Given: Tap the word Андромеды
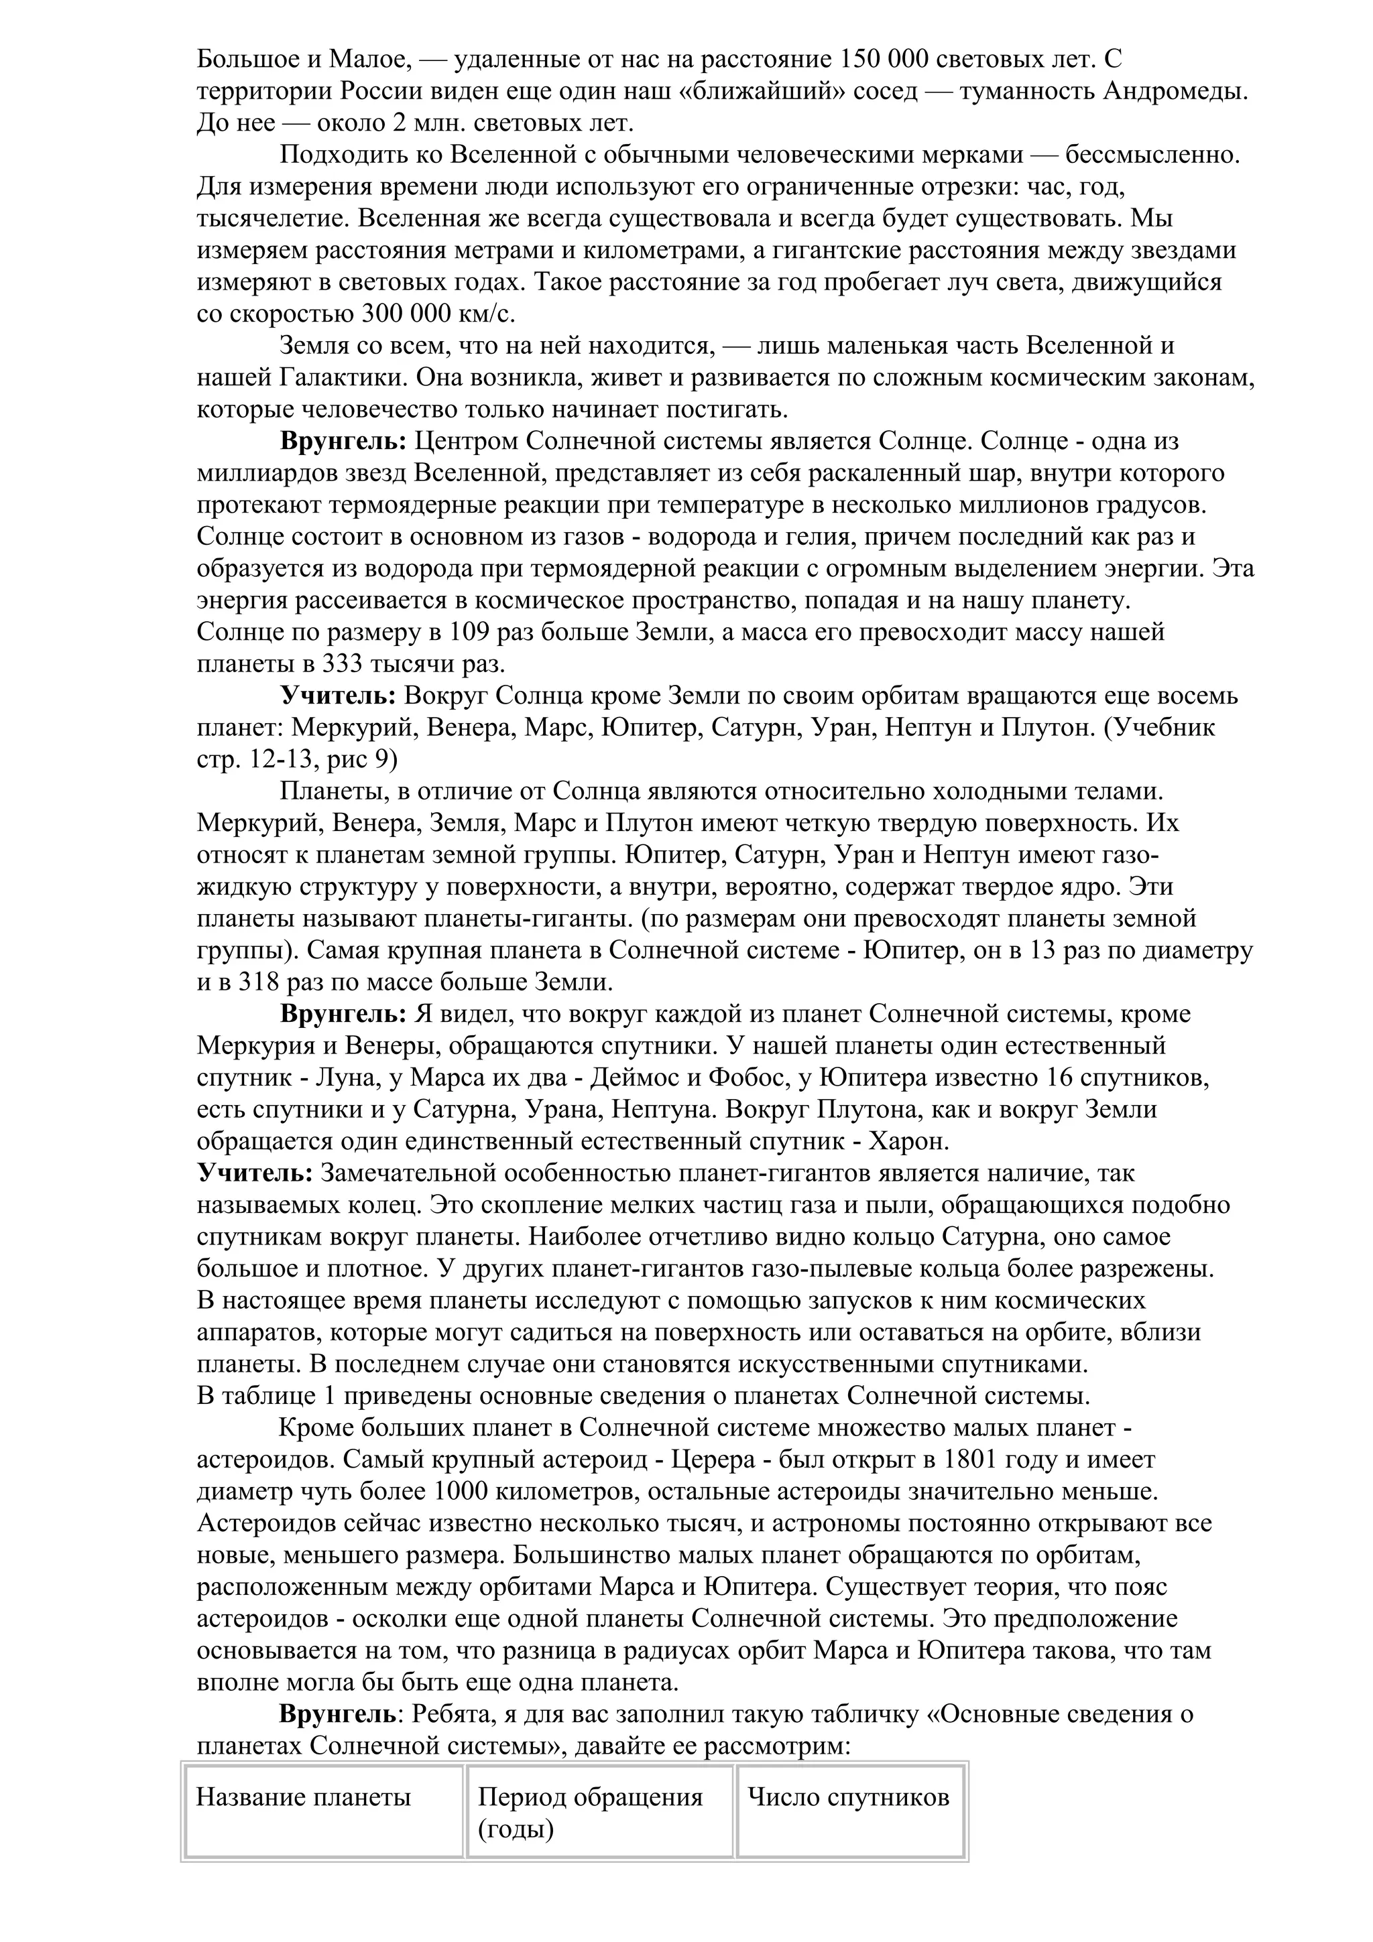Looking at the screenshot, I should [x=1176, y=91].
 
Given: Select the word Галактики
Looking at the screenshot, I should [x=335, y=377].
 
